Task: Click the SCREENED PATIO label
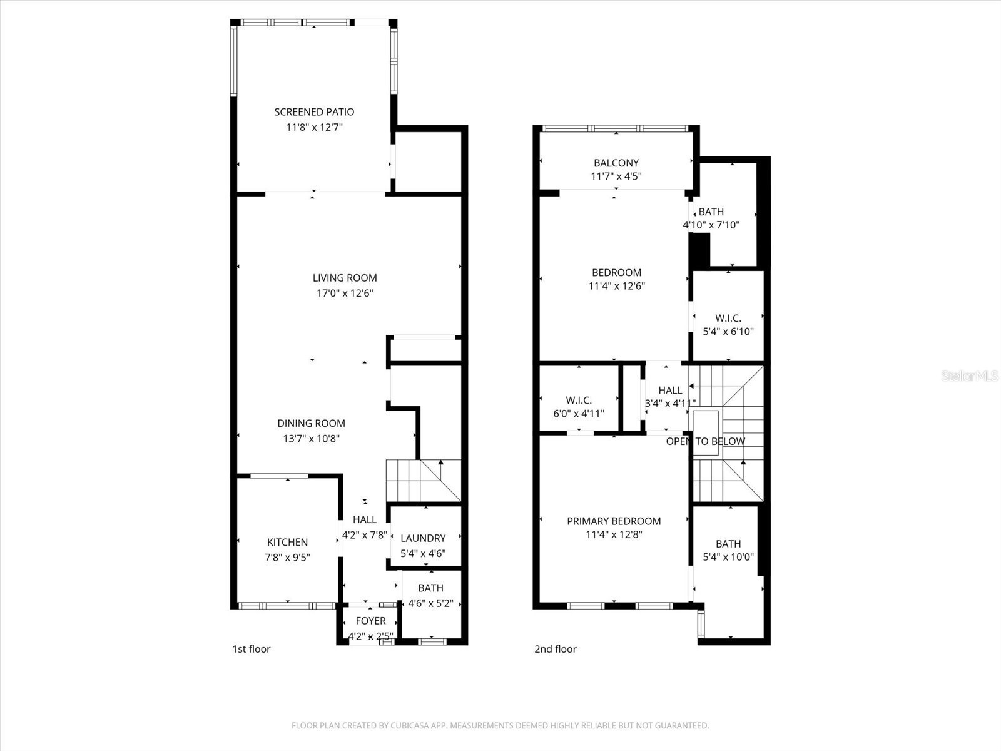(x=314, y=112)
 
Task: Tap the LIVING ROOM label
(x=345, y=278)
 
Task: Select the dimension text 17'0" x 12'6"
(x=345, y=293)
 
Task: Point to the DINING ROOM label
(x=311, y=424)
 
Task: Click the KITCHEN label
(x=287, y=543)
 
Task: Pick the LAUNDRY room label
(x=423, y=538)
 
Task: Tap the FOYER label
(x=370, y=621)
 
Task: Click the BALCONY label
(x=616, y=163)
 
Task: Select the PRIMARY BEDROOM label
(x=614, y=521)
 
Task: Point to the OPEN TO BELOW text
(x=705, y=441)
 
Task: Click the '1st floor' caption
(x=251, y=649)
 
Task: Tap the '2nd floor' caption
(x=555, y=649)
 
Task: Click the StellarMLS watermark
(x=970, y=376)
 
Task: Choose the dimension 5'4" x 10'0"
(x=728, y=557)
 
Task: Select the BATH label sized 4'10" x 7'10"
(x=711, y=212)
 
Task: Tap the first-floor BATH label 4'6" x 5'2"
(x=430, y=588)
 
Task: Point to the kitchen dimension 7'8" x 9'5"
(x=287, y=557)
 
